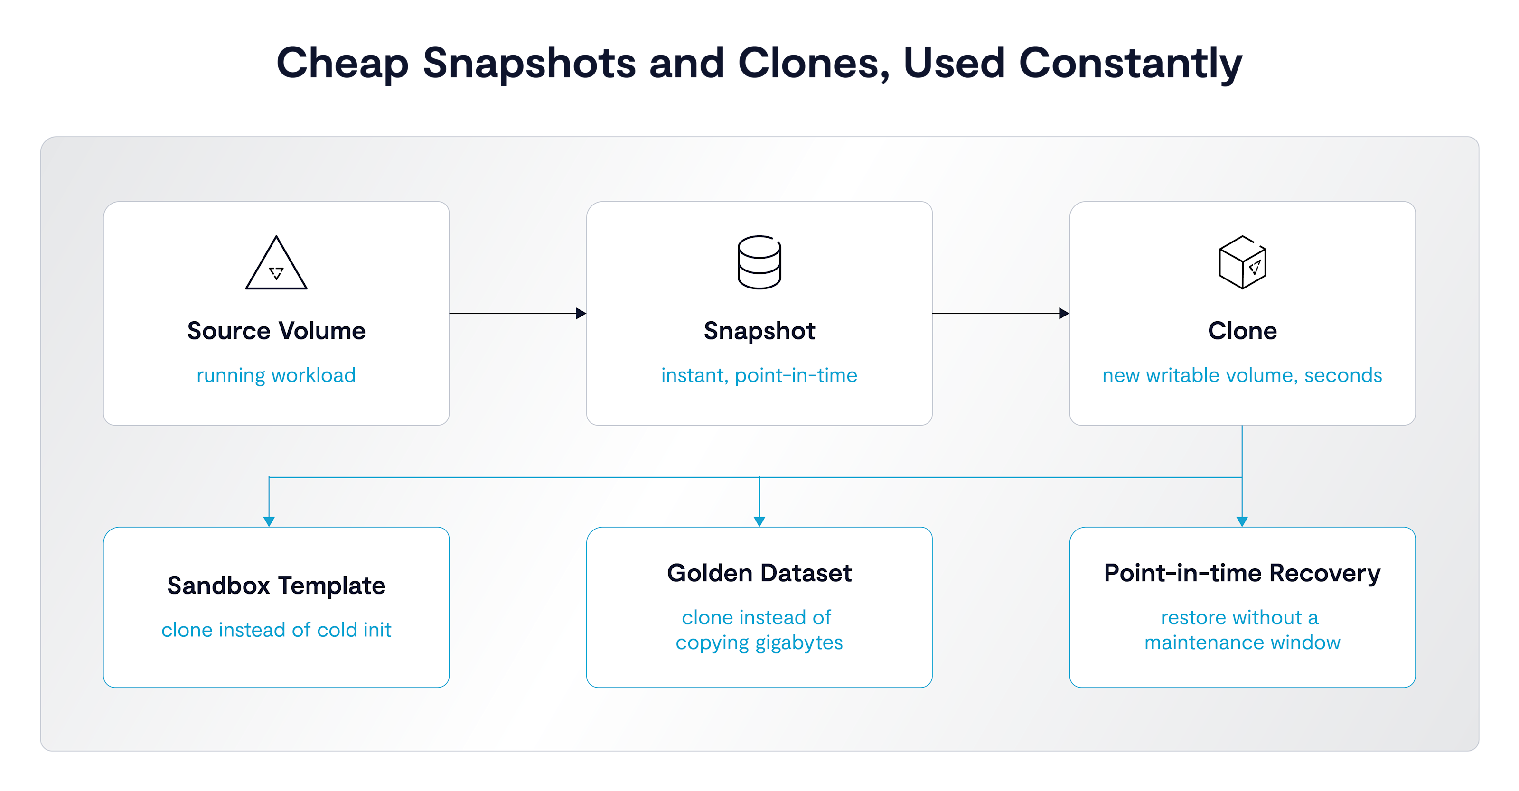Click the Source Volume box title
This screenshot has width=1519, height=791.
click(276, 331)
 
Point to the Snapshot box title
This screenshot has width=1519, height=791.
click(759, 331)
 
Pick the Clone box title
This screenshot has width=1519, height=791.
click(1242, 331)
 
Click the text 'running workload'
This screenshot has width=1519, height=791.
click(276, 375)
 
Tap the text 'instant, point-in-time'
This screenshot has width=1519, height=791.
click(759, 375)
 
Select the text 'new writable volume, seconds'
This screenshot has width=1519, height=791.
click(1242, 375)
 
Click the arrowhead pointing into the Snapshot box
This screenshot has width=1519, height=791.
click(581, 314)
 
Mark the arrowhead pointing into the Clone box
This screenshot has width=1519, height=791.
click(1064, 314)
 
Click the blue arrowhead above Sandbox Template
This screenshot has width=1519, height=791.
click(269, 521)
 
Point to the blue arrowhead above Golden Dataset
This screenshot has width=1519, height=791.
click(759, 521)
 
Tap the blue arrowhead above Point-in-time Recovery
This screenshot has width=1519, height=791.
click(1242, 521)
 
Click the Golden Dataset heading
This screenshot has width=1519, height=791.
click(759, 573)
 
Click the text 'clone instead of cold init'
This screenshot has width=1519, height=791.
click(276, 630)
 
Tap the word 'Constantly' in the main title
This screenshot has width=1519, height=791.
click(1130, 64)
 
